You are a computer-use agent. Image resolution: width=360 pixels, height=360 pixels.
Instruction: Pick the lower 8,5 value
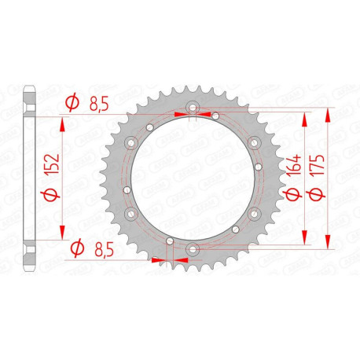click(x=99, y=250)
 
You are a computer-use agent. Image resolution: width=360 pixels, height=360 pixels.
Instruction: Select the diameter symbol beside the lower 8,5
click(x=77, y=250)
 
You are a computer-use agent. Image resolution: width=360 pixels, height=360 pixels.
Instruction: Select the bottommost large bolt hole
click(x=193, y=250)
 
